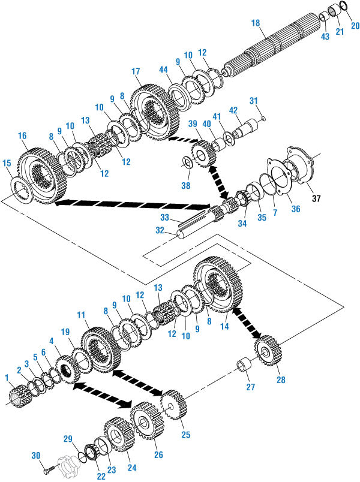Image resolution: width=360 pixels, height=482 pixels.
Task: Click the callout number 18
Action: click(x=256, y=22)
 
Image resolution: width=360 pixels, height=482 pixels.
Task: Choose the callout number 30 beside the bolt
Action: click(x=35, y=456)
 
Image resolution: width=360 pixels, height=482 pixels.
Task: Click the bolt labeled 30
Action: click(x=58, y=463)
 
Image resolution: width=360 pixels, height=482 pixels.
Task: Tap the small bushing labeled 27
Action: click(x=245, y=365)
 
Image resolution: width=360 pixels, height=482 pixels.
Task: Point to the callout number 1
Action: click(x=7, y=378)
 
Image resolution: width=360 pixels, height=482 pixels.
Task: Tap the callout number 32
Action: click(x=159, y=229)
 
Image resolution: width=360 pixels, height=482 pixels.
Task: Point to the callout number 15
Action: click(x=7, y=163)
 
